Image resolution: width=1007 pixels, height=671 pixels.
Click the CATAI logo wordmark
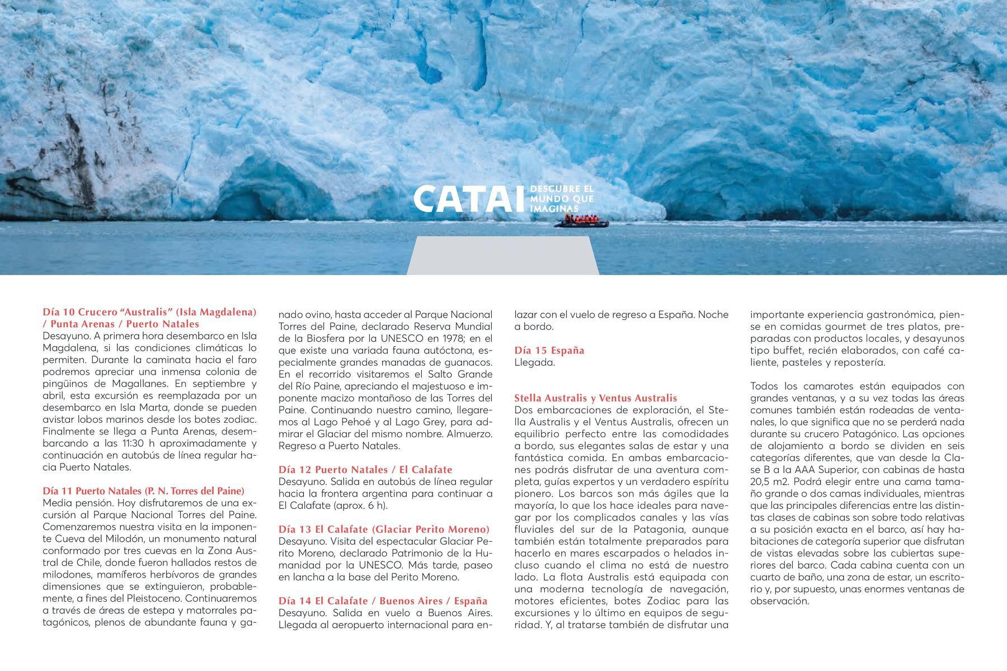(470, 199)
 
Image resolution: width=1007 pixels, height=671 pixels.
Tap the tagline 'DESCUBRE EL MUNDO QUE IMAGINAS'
(561, 199)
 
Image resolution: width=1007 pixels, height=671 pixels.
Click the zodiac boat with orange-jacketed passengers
(581, 221)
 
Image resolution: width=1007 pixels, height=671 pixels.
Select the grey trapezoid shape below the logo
(502, 256)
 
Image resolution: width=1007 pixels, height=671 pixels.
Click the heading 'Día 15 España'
(549, 351)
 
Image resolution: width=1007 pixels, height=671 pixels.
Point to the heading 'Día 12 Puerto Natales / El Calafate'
(365, 470)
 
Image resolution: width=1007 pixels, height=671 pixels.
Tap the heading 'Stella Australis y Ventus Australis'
(595, 398)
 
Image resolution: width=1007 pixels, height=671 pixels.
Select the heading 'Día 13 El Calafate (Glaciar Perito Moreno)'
(384, 529)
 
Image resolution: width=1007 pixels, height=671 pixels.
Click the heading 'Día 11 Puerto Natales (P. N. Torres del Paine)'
(144, 491)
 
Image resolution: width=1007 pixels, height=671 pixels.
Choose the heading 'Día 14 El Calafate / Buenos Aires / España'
(383, 601)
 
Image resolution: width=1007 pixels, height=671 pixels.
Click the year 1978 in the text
(449, 338)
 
